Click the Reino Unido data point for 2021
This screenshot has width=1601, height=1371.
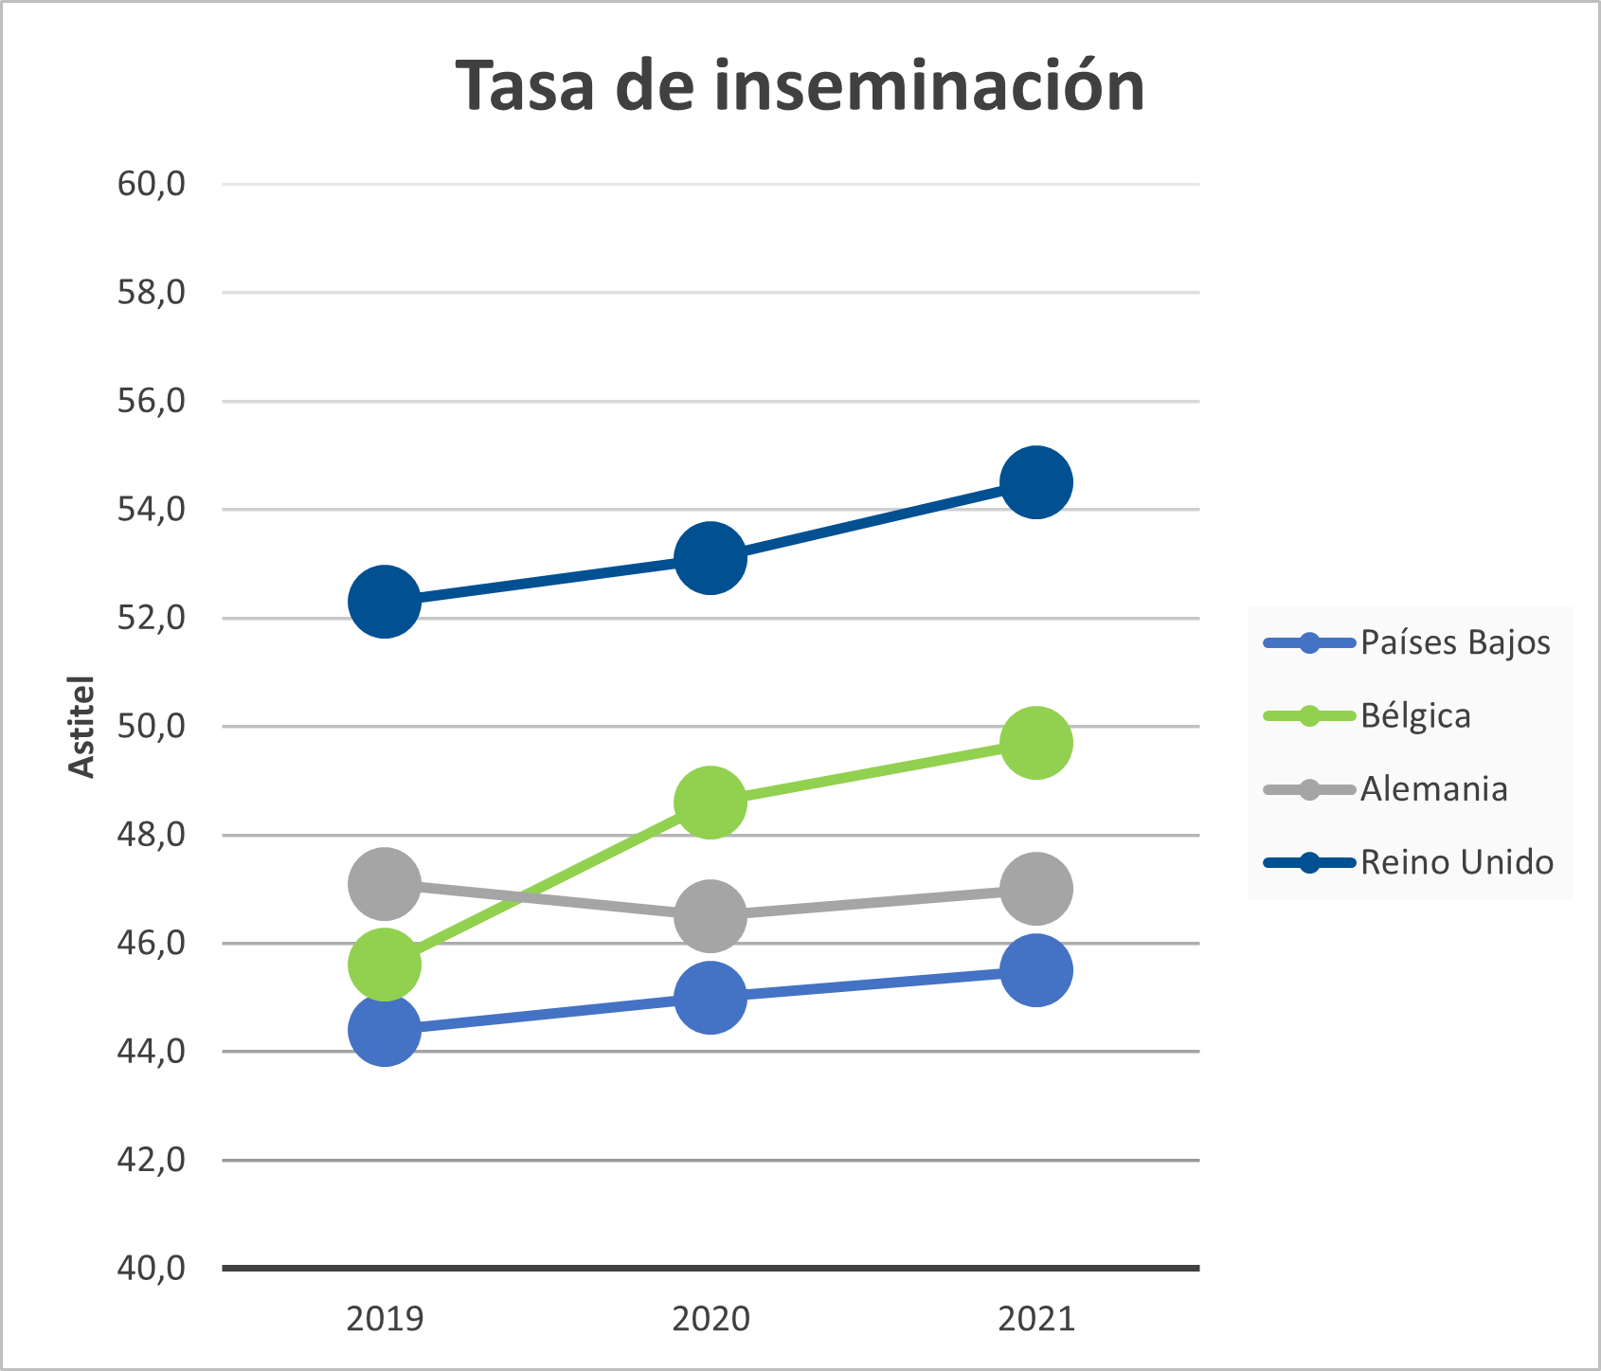(x=1035, y=482)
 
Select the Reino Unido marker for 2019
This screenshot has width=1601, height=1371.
(x=385, y=602)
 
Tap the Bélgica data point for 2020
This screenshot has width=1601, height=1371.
(x=710, y=803)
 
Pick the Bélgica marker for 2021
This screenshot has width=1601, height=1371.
(x=1035, y=742)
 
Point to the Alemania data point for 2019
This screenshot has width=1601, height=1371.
(x=385, y=884)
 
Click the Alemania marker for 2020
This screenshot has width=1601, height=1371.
(x=710, y=915)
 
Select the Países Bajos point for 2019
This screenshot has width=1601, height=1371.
(x=385, y=1030)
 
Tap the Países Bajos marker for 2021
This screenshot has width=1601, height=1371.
(x=1035, y=970)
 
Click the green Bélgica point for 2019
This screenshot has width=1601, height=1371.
(x=385, y=965)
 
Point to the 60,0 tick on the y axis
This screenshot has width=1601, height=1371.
(x=152, y=184)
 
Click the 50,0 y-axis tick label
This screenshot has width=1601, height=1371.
(x=152, y=727)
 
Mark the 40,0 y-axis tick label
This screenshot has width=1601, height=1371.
(x=152, y=1268)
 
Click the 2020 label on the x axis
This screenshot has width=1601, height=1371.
(x=711, y=1319)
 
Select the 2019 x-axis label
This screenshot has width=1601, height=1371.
(x=385, y=1319)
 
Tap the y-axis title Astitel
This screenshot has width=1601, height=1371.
(x=83, y=727)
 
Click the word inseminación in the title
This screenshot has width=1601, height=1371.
(x=928, y=86)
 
